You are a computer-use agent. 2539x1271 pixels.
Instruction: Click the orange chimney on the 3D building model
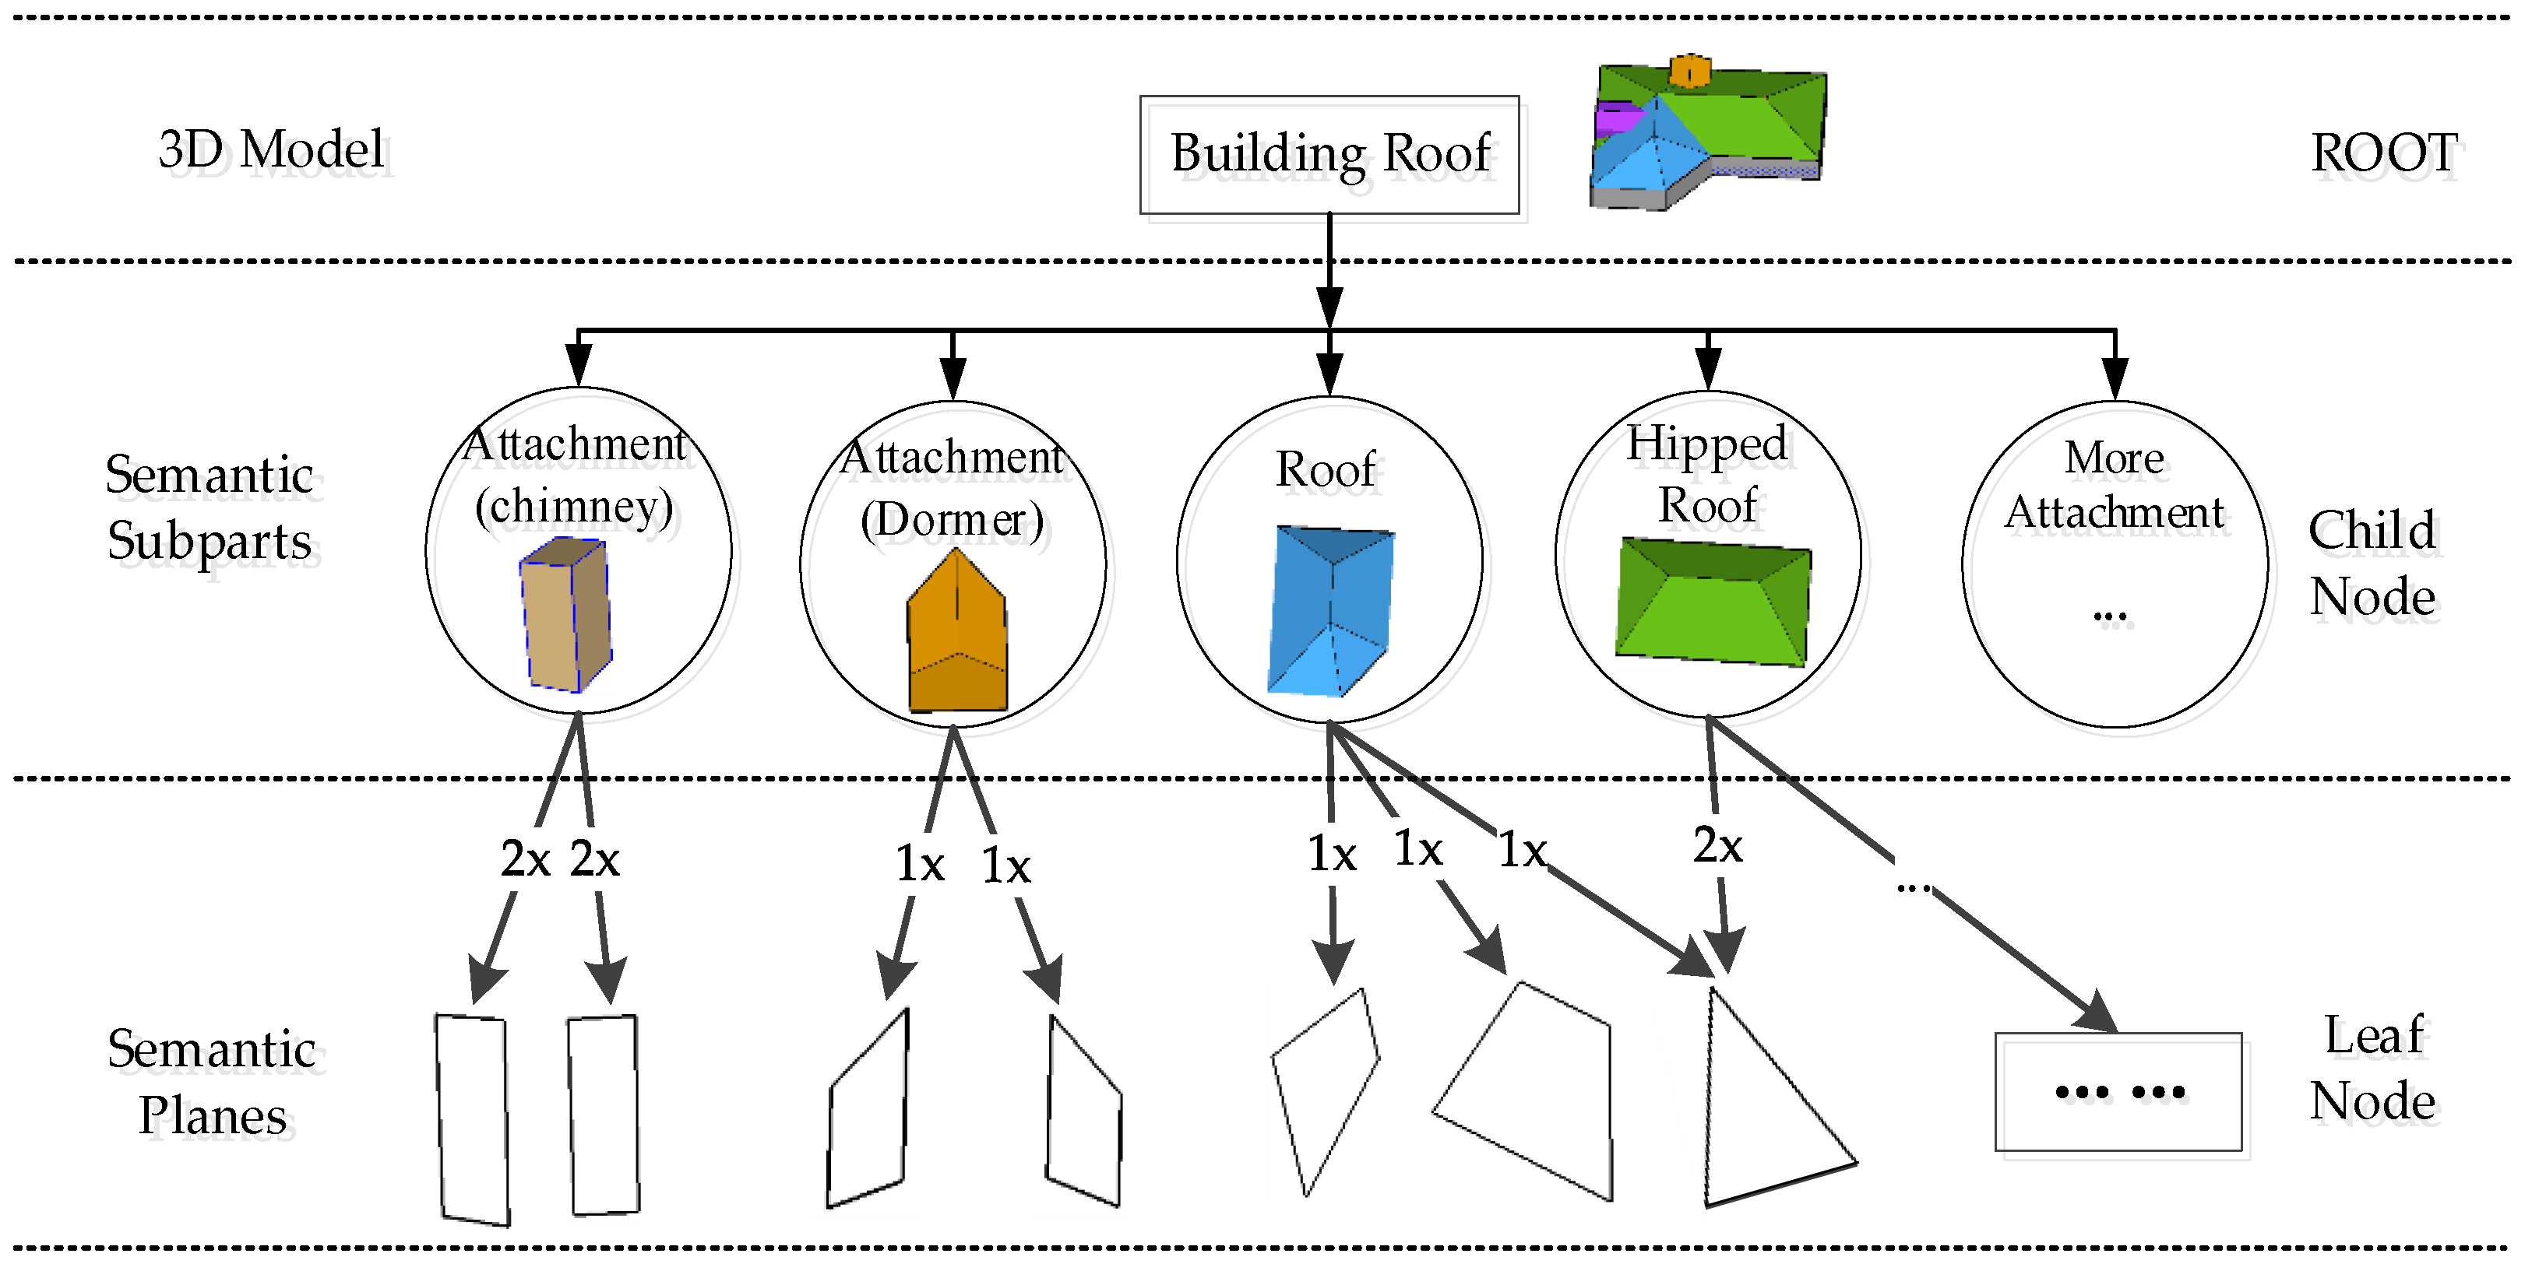click(1689, 70)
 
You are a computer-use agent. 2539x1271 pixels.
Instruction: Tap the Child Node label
click(2372, 564)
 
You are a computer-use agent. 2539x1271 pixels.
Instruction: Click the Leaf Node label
click(2372, 1068)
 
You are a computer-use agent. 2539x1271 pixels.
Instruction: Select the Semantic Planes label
click(212, 1082)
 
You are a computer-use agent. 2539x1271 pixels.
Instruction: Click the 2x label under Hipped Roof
click(1718, 845)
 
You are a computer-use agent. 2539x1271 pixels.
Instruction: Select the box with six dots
click(2118, 1092)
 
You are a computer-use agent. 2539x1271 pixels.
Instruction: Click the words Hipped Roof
click(1707, 474)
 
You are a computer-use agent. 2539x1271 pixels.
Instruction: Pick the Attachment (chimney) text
click(576, 475)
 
